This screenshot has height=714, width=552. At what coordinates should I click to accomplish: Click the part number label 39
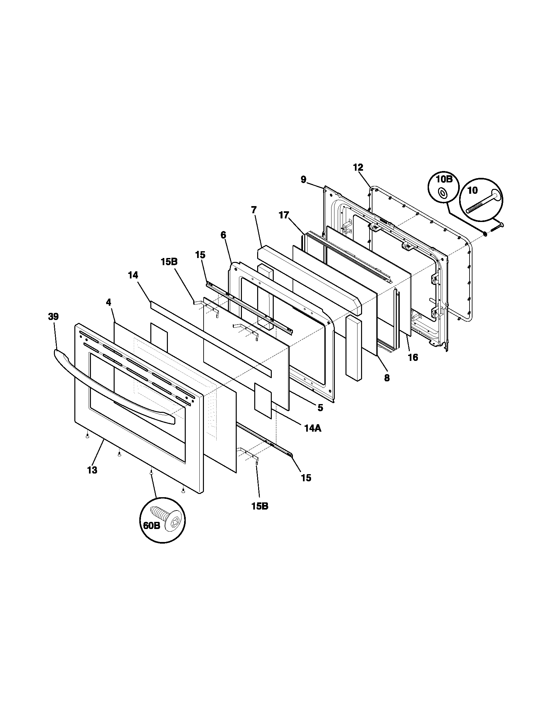tap(53, 316)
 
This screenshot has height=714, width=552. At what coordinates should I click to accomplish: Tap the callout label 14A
tap(313, 428)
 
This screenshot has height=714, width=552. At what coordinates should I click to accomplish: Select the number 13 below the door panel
tap(92, 470)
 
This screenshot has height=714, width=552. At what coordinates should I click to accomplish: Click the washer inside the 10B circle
tap(443, 193)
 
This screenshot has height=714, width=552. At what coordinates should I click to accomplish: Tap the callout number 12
tap(358, 167)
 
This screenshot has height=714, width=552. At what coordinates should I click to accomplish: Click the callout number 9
tap(304, 179)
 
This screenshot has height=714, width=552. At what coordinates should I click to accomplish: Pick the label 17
tap(284, 215)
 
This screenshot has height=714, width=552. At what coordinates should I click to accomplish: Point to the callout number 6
tap(223, 235)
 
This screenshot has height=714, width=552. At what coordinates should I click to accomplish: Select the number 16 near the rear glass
tap(413, 357)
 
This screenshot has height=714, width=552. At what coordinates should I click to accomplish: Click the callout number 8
tap(387, 378)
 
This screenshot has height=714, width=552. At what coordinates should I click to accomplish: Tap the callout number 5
tap(320, 407)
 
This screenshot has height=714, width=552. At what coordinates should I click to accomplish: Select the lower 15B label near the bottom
tap(260, 506)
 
